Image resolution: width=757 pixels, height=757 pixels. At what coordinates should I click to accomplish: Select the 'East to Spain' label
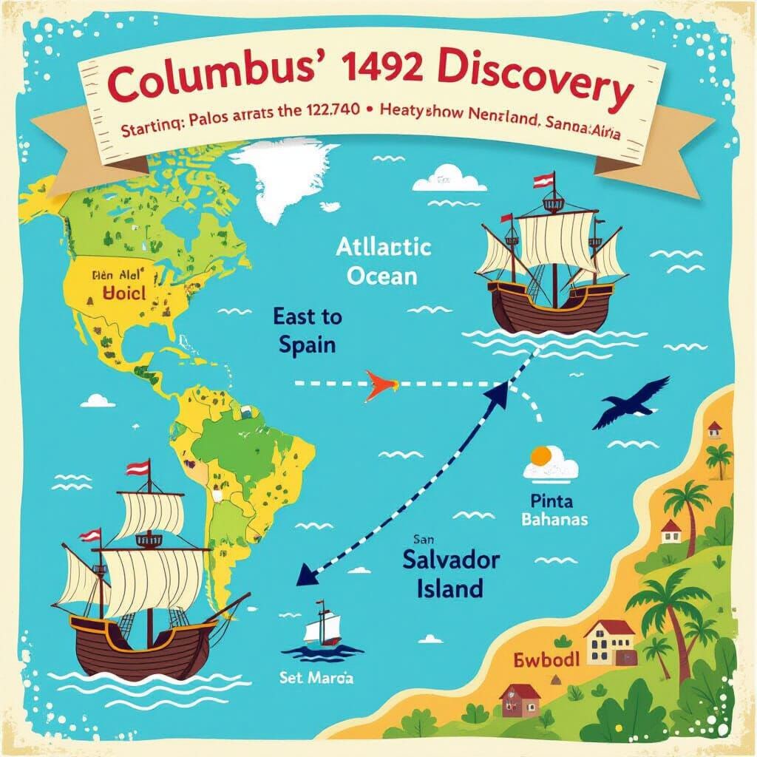308,331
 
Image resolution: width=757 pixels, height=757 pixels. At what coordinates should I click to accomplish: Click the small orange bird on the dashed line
379,385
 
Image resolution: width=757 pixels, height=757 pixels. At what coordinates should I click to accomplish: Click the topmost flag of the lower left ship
137,467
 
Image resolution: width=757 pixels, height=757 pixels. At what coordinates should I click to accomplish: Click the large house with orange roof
610,642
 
